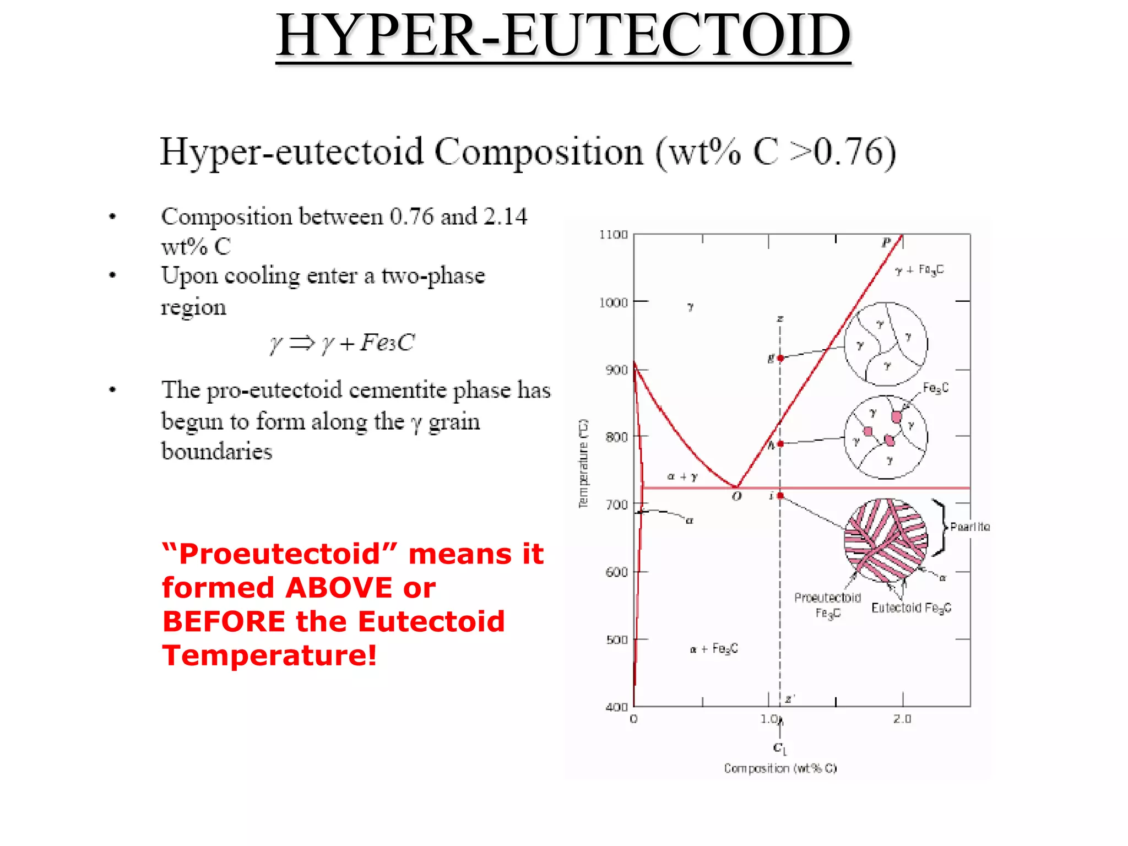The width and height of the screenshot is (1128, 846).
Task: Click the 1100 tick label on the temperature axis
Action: pyautogui.click(x=614, y=235)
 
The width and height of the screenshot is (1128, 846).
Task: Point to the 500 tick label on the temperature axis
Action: pyautogui.click(x=616, y=640)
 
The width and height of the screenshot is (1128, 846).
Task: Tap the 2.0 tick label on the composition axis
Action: pyautogui.click(x=902, y=719)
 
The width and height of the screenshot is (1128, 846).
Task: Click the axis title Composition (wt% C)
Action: pyautogui.click(x=780, y=768)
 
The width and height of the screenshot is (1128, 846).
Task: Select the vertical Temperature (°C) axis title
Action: pyautogui.click(x=583, y=463)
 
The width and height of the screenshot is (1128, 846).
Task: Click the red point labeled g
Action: pyautogui.click(x=780, y=358)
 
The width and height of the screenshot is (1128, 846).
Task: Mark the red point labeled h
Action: pyautogui.click(x=780, y=443)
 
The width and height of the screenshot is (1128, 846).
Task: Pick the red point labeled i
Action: pyautogui.click(x=780, y=496)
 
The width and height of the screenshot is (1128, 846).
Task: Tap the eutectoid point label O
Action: pyautogui.click(x=737, y=497)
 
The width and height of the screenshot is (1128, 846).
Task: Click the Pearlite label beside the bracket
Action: pyautogui.click(x=970, y=527)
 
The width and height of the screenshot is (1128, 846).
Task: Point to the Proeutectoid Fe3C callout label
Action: pyautogui.click(x=827, y=605)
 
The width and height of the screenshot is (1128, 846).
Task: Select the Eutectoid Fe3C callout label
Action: pyautogui.click(x=911, y=608)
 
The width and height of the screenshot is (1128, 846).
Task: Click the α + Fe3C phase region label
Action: pyautogui.click(x=714, y=649)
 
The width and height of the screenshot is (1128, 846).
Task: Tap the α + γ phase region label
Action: pyautogui.click(x=682, y=476)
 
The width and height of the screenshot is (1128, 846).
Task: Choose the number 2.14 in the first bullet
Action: pyautogui.click(x=505, y=216)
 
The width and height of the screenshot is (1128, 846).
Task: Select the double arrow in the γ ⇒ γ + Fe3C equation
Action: pyautogui.click(x=301, y=343)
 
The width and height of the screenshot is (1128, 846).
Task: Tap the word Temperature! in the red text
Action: pyautogui.click(x=270, y=655)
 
